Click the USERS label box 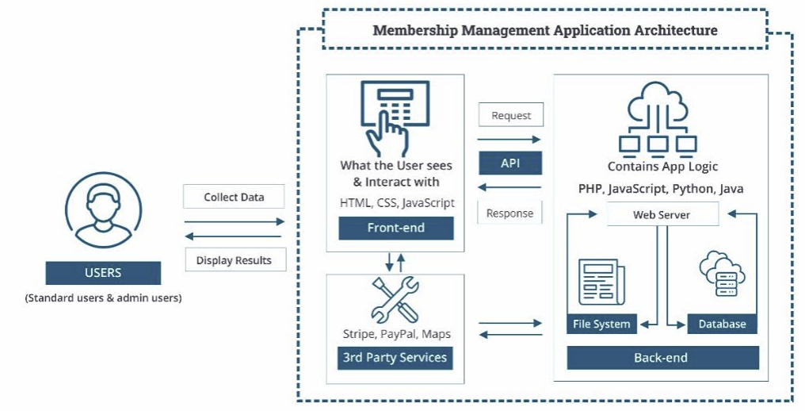103,273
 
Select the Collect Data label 234,197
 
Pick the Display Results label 234,260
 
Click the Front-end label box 396,229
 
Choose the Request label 511,115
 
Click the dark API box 510,163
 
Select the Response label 509,213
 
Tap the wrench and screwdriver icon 395,299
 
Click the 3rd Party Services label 395,357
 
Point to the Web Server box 662,215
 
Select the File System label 602,324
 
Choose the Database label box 722,324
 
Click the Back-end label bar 662,358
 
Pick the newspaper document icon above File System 600,281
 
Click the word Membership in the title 413,31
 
